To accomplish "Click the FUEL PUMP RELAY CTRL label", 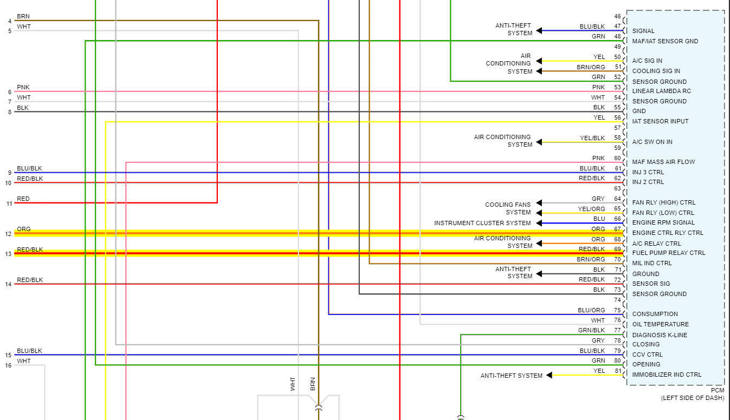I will pyautogui.click(x=668, y=253).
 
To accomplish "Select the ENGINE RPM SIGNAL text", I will pyautogui.click(x=663, y=222).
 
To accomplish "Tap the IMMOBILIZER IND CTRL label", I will pyautogui.click(x=667, y=375).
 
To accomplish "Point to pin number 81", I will pyautogui.click(x=617, y=371).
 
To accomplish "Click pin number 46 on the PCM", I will pyautogui.click(x=617, y=16).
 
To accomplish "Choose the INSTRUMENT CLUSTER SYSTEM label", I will pyautogui.click(x=482, y=223).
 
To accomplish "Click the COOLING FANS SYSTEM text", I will pyautogui.click(x=508, y=208).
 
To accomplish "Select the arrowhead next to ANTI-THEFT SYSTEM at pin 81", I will pyautogui.click(x=549, y=376).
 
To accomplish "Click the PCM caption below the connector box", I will pyautogui.click(x=717, y=390).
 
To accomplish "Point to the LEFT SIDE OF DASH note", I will pyautogui.click(x=692, y=398).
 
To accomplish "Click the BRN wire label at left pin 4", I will pyautogui.click(x=23, y=17).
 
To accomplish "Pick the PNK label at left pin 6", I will pyautogui.click(x=23, y=87).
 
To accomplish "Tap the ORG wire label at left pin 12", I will pyautogui.click(x=24, y=229).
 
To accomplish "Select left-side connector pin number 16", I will pyautogui.click(x=8, y=365).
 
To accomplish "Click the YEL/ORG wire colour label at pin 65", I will pyautogui.click(x=591, y=209).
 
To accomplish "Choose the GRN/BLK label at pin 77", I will pyautogui.click(x=591, y=330).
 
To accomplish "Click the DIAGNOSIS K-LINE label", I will pyautogui.click(x=660, y=335).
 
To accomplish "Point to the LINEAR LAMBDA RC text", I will pyautogui.click(x=661, y=91).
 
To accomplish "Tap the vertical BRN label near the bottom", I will pyautogui.click(x=313, y=384).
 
